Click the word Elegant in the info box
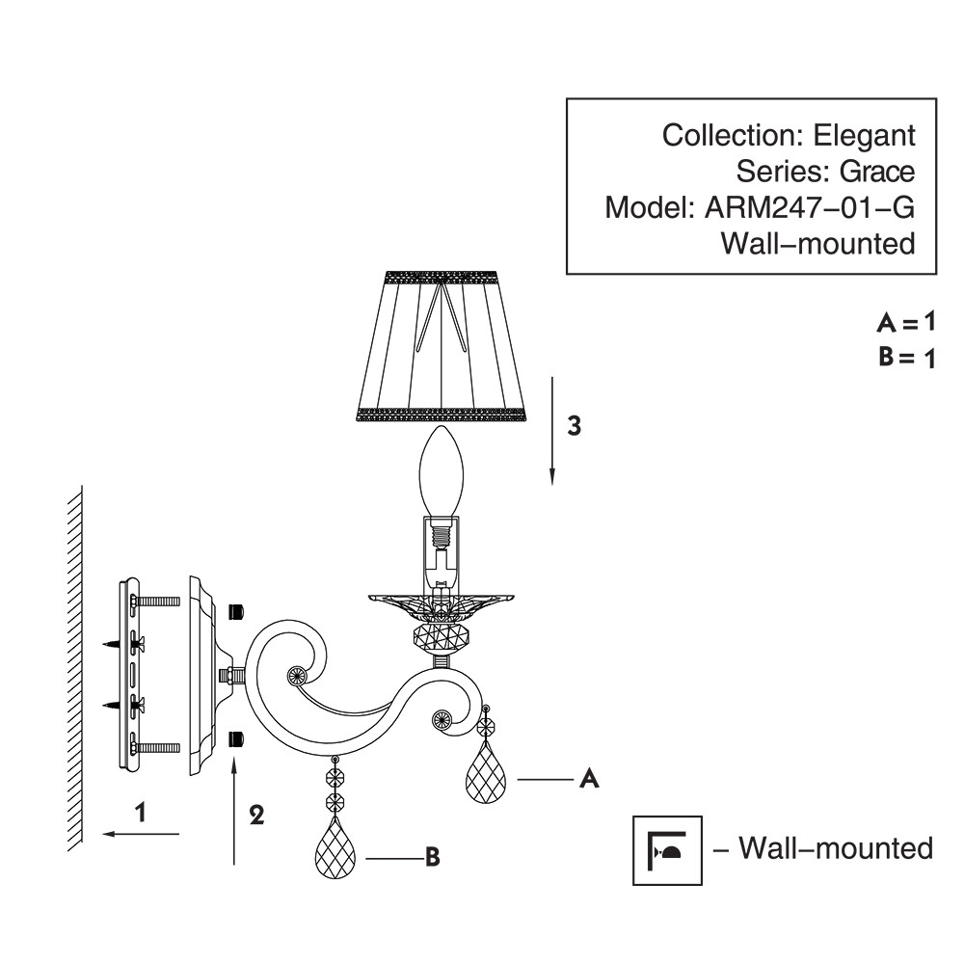click(x=868, y=136)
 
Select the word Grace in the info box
click(x=875, y=172)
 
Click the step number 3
click(x=574, y=427)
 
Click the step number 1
click(x=141, y=813)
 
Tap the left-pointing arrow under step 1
click(x=141, y=834)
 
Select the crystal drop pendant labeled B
click(x=335, y=849)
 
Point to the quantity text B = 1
click(x=906, y=359)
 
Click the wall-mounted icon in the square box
click(x=667, y=849)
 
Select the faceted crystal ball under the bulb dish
click(x=441, y=637)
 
